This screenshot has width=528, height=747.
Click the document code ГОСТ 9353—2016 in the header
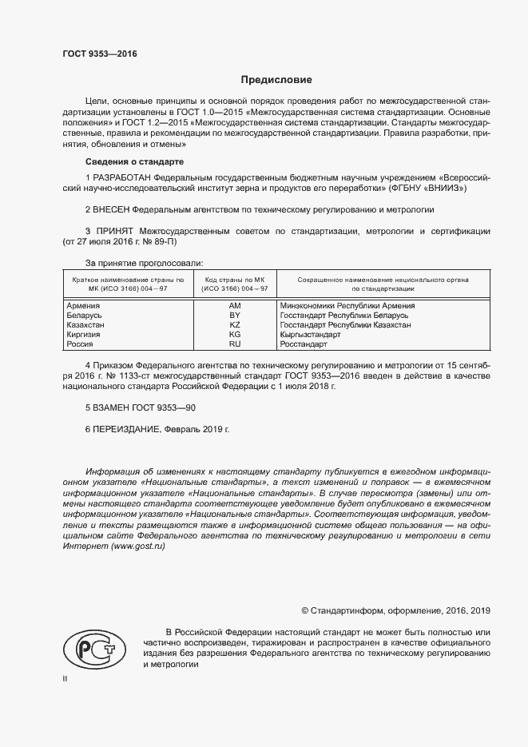pyautogui.click(x=100, y=54)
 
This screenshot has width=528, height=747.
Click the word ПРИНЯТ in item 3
pyautogui.click(x=114, y=231)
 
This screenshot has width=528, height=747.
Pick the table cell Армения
pyautogui.click(x=84, y=305)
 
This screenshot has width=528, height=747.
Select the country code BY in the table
pyautogui.click(x=235, y=316)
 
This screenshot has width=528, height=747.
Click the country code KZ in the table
pyautogui.click(x=235, y=325)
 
